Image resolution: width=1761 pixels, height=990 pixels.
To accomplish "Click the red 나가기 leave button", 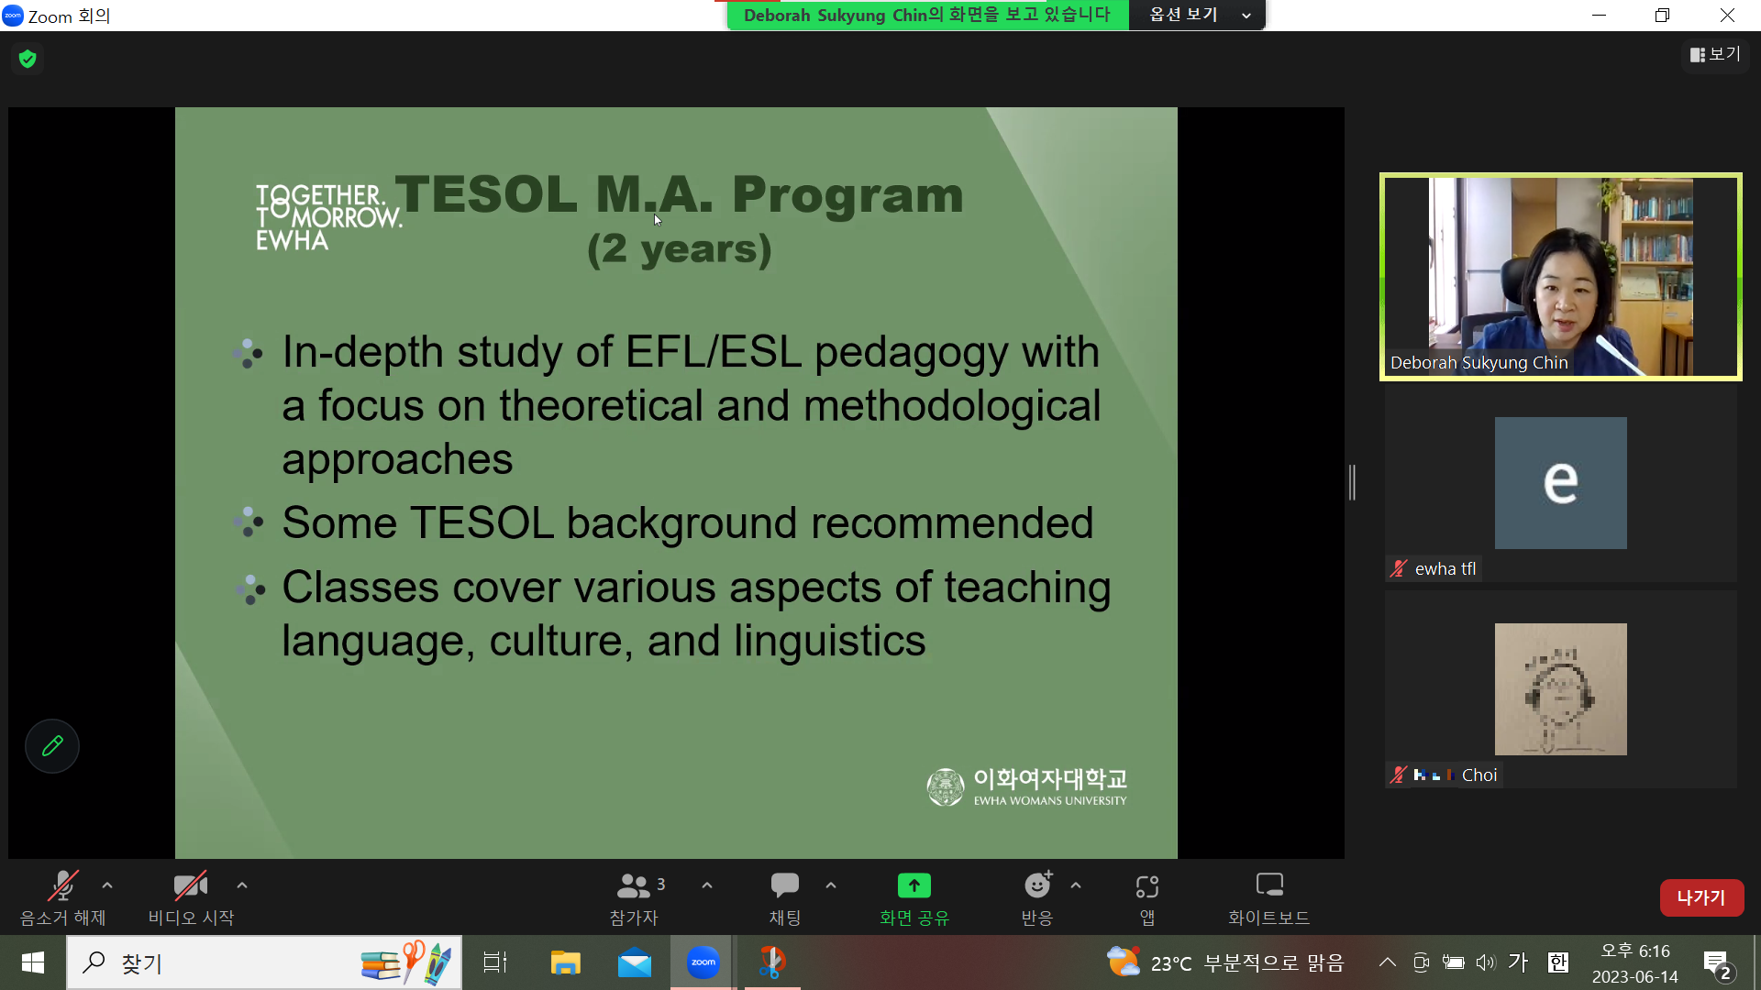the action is (1701, 897).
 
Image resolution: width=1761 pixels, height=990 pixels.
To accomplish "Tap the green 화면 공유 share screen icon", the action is (914, 885).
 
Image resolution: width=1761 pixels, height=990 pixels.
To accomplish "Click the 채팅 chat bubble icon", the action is (785, 885).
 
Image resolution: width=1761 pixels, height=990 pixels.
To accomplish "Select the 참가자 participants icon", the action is (633, 885).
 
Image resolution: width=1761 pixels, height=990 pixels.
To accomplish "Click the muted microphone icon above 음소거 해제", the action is (62, 885).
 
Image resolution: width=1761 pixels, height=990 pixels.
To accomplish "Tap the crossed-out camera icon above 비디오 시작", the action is (191, 885).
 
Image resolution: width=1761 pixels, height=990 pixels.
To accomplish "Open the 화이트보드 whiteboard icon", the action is (1269, 885).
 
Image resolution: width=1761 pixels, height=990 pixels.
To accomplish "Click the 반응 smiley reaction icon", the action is (1038, 885).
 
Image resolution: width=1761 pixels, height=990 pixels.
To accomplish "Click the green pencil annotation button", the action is (52, 746).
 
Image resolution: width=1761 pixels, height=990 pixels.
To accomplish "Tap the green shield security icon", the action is (28, 59).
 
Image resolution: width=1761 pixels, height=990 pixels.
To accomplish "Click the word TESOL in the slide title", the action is (486, 194).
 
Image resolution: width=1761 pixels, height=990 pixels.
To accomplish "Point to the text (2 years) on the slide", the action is (680, 249).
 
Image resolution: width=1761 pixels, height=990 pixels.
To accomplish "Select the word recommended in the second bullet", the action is (952, 522).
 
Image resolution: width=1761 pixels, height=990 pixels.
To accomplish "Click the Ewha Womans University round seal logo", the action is (946, 787).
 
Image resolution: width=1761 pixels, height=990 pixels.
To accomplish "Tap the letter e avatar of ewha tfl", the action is (1560, 483).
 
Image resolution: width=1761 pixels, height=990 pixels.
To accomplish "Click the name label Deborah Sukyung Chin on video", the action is (1479, 363).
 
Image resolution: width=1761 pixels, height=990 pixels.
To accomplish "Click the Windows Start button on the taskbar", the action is (33, 962).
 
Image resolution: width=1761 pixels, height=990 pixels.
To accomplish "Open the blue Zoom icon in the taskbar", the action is (703, 962).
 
